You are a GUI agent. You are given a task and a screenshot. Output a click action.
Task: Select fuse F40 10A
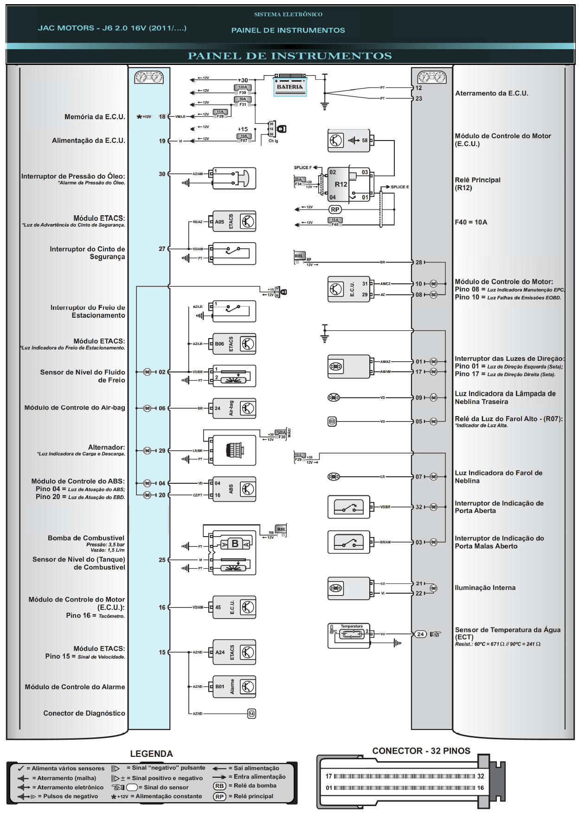tap(335, 222)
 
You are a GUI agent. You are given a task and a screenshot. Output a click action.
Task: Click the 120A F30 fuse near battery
tap(242, 90)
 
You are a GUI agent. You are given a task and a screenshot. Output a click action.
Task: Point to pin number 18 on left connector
tap(162, 117)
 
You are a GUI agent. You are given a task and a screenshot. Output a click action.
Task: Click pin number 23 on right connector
tap(419, 99)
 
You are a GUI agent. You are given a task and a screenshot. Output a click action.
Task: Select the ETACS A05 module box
tap(234, 222)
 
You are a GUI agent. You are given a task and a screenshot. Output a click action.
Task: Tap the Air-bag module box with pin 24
tap(234, 409)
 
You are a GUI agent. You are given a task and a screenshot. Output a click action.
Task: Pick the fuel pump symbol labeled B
tap(235, 544)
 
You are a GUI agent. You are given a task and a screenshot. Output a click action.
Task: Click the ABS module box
tap(234, 489)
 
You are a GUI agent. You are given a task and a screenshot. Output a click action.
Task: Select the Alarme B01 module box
tap(234, 686)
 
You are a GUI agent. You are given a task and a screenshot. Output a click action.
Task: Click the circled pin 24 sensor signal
tap(420, 634)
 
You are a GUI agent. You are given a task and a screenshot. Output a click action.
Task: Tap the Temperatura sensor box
tap(349, 635)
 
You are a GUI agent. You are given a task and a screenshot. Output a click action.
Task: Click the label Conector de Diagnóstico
tap(84, 713)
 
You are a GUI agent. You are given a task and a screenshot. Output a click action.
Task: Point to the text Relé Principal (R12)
tap(477, 184)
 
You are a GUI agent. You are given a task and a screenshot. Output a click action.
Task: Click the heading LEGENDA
tap(151, 754)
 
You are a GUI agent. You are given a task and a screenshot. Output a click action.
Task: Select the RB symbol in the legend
tap(219, 786)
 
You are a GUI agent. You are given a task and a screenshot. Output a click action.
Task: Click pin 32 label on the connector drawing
tap(481, 776)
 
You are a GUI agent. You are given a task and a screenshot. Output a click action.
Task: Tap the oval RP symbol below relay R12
tap(335, 210)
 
